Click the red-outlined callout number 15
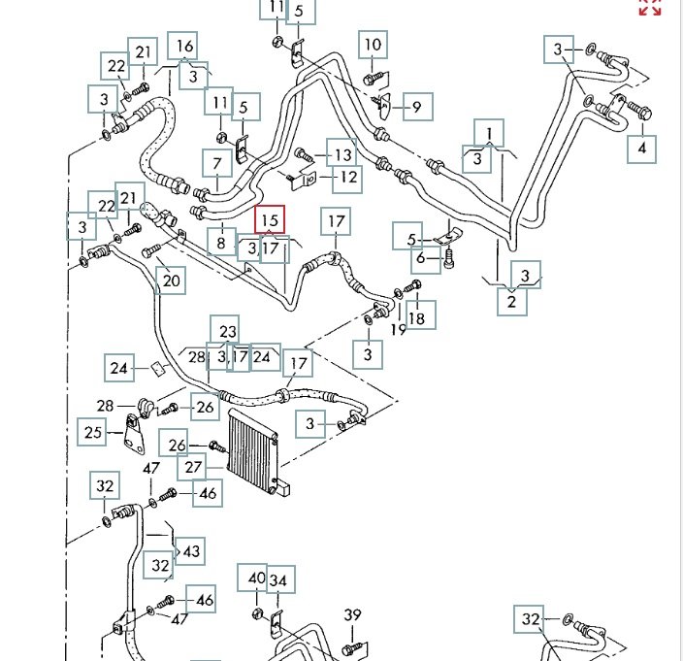(270, 220)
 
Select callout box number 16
(184, 46)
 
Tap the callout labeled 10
(374, 45)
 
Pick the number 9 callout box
(417, 107)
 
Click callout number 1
(490, 132)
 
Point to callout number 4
(640, 149)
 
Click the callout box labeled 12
(347, 177)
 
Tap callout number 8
(222, 242)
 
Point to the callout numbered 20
(172, 281)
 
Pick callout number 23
(227, 331)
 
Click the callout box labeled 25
(93, 432)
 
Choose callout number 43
(191, 551)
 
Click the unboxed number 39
(352, 614)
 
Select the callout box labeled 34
(279, 580)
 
